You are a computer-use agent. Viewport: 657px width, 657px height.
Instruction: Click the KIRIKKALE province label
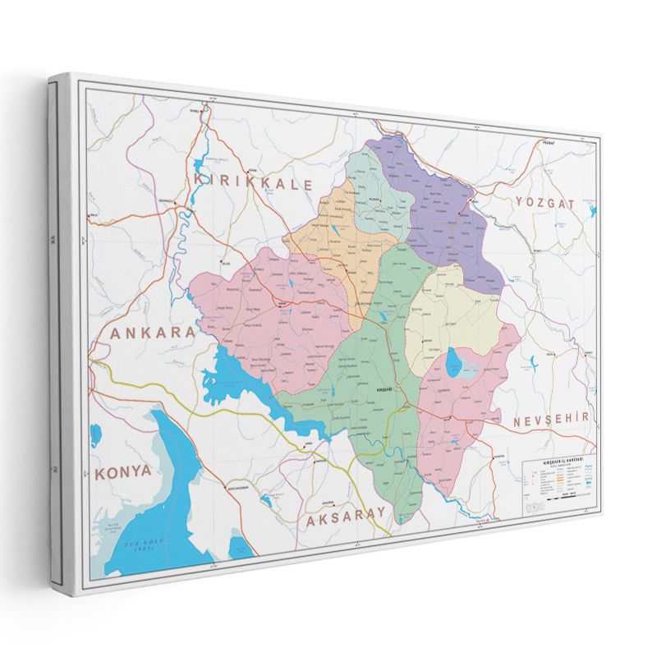[252, 182]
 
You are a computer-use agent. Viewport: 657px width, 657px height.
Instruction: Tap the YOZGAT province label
[543, 202]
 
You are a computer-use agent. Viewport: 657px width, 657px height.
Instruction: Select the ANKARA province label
[154, 332]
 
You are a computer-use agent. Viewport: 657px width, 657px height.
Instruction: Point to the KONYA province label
[123, 471]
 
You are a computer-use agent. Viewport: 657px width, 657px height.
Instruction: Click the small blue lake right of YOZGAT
[592, 210]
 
